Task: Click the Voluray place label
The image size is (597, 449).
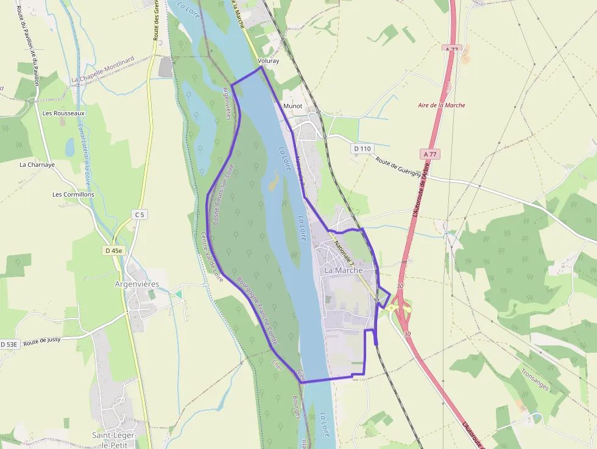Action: click(268, 61)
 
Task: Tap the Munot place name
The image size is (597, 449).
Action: click(293, 106)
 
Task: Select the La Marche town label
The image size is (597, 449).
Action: click(344, 270)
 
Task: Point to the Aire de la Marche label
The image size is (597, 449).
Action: click(442, 105)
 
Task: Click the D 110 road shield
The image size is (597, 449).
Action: click(362, 149)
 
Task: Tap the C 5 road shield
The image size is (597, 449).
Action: click(140, 214)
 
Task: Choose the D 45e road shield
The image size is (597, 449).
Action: click(113, 250)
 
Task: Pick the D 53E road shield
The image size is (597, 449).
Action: click(10, 344)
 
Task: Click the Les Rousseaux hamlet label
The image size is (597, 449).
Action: click(64, 113)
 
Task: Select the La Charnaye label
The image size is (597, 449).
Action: click(37, 164)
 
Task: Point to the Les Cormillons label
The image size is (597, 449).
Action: click(74, 194)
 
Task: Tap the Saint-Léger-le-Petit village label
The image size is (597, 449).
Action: click(118, 440)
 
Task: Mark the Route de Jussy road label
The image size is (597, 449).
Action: click(44, 342)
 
